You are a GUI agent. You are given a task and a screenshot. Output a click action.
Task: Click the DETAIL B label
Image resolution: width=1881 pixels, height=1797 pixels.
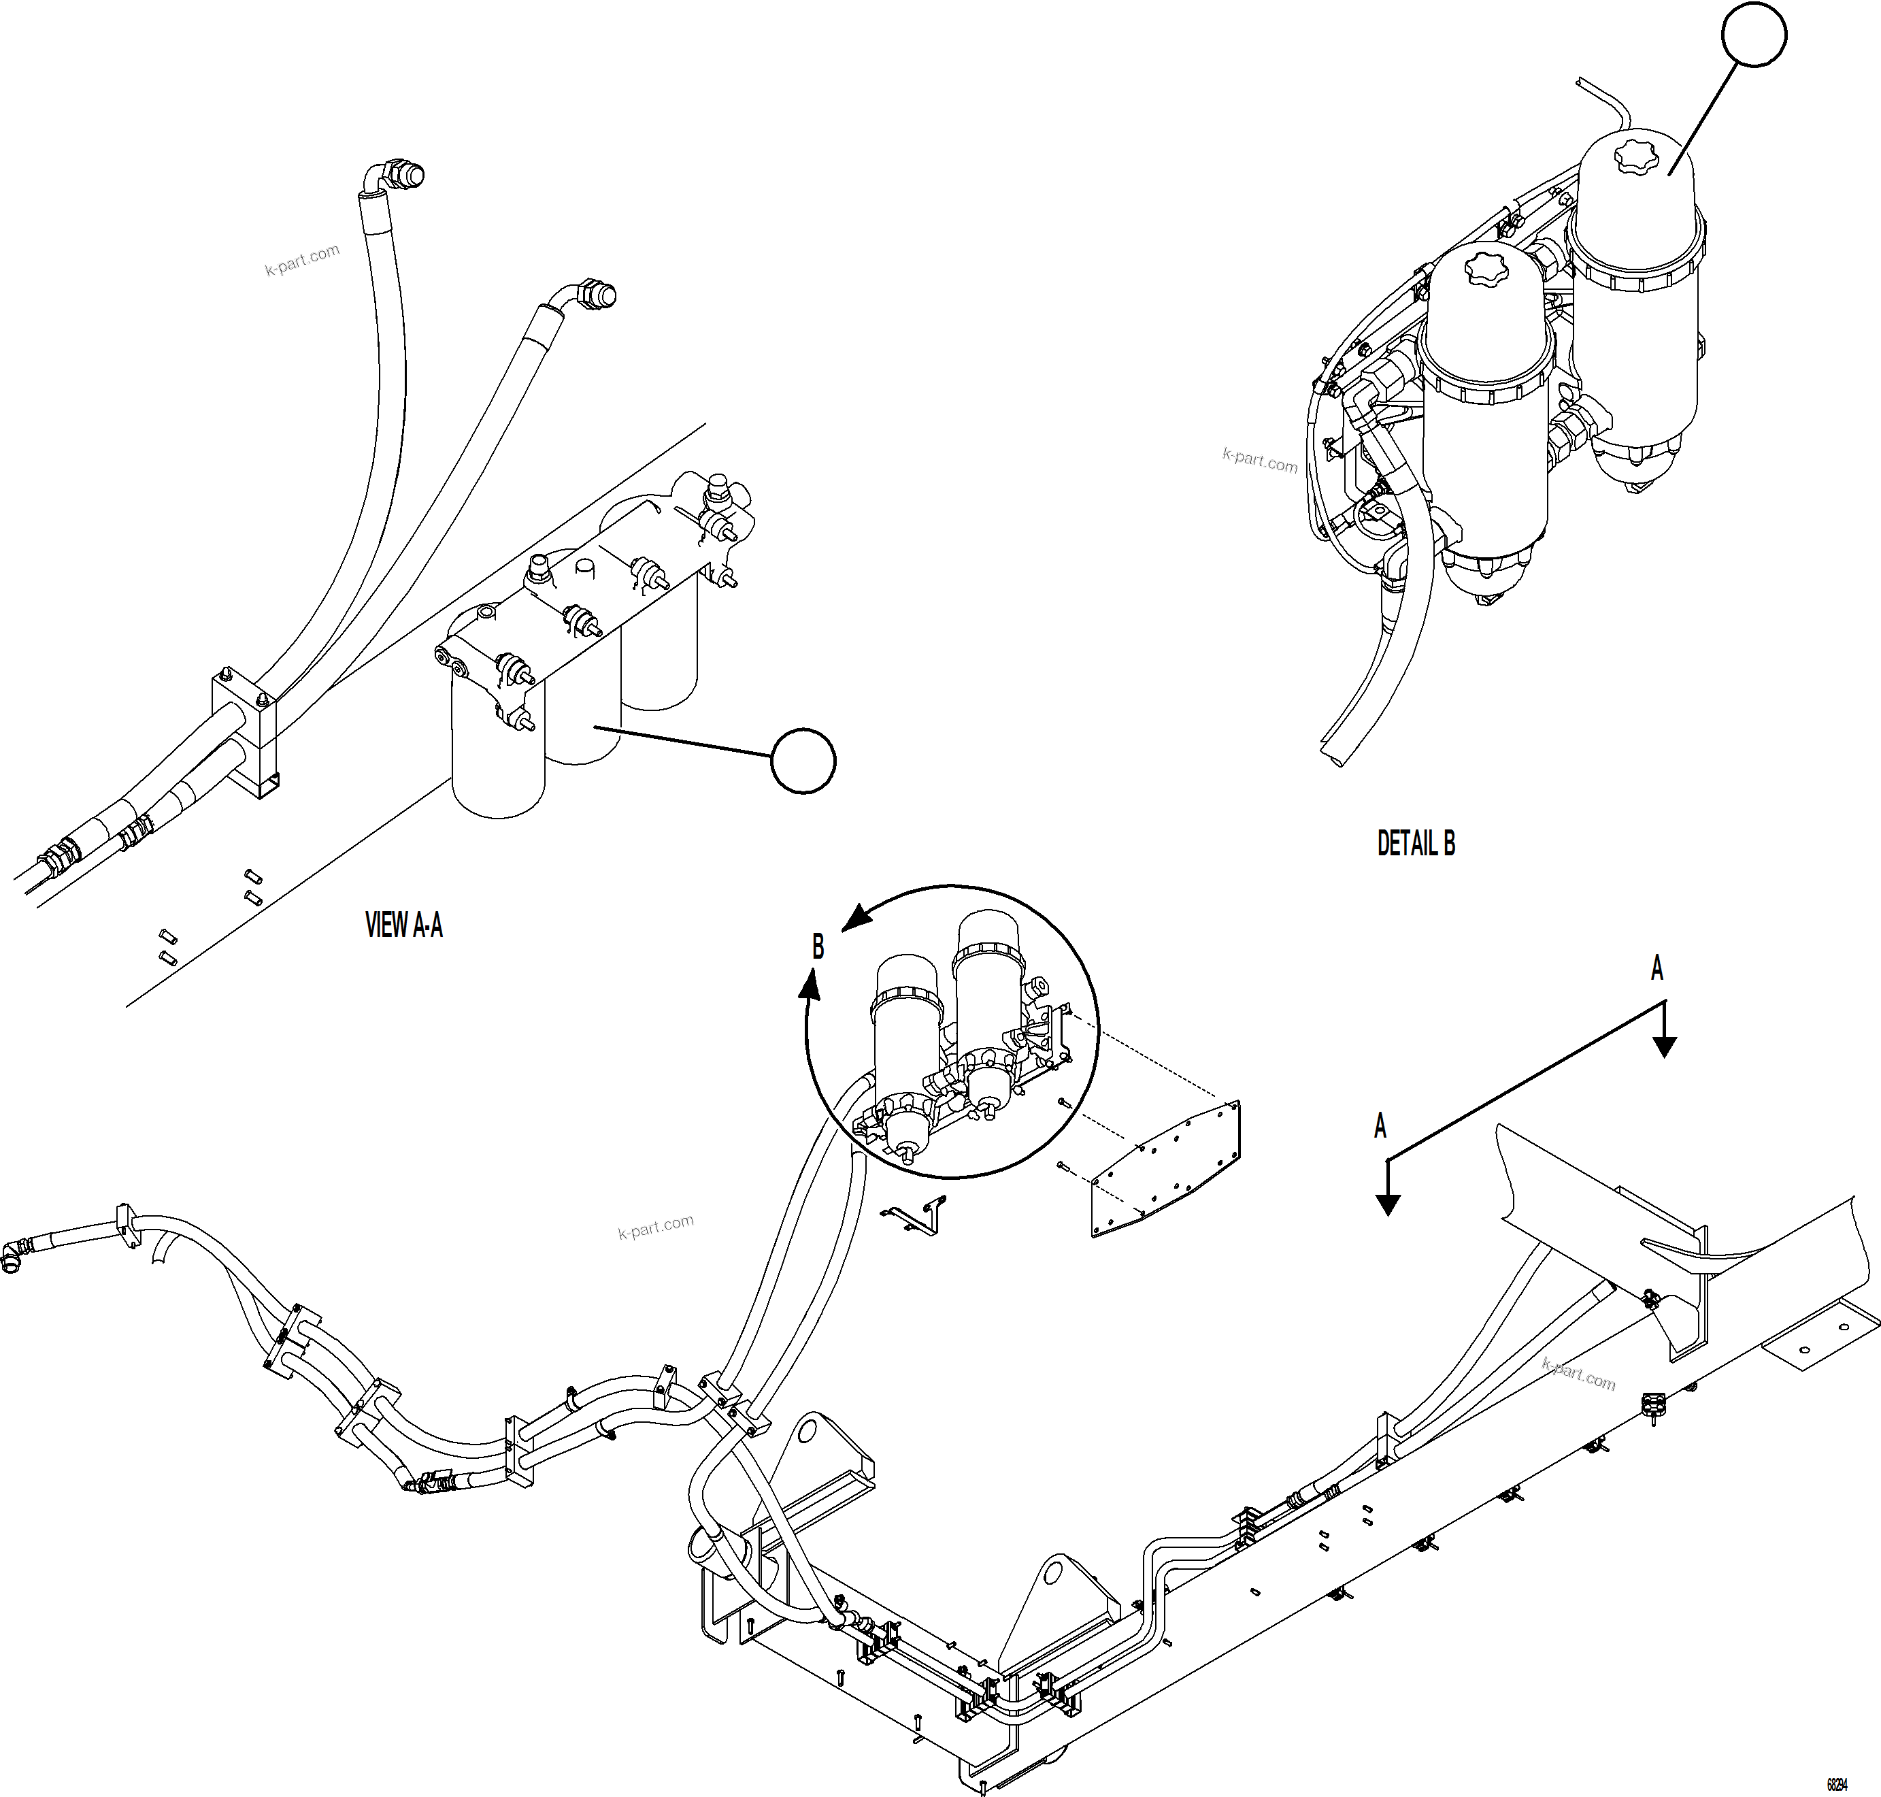pos(1416,844)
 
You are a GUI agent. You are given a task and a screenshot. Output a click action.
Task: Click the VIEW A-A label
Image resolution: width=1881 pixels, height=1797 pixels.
pos(403,925)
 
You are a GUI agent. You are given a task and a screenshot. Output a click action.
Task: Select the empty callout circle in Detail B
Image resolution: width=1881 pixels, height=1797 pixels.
pos(1754,35)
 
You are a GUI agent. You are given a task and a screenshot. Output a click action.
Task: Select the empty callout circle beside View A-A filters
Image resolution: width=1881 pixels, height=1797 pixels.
pos(803,761)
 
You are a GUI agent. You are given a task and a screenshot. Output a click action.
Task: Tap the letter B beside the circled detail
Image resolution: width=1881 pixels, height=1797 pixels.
pos(818,946)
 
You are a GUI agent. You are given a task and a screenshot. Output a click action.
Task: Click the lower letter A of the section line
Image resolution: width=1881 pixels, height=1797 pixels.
pos(1380,1127)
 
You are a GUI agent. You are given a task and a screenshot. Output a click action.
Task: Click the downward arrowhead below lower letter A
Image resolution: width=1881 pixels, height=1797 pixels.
pos(1388,1205)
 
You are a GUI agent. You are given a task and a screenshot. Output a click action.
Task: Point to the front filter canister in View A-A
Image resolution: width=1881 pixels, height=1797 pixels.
pos(498,757)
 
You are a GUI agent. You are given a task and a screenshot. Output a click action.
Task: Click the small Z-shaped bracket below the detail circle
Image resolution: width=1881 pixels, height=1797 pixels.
pos(914,1214)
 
